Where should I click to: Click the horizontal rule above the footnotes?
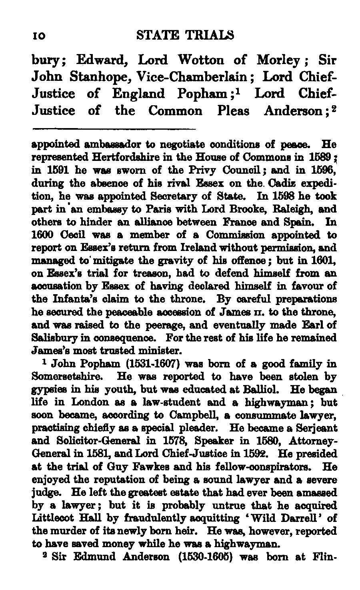coord(113,129)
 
